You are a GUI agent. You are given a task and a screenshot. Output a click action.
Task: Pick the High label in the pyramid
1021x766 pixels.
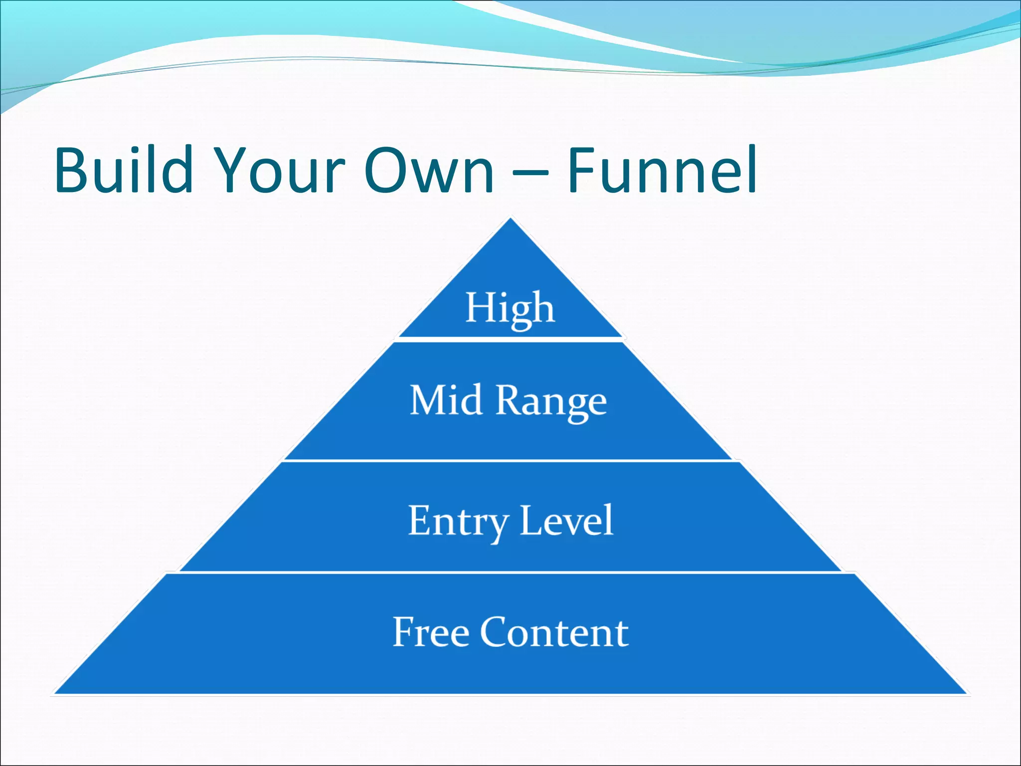coord(510,308)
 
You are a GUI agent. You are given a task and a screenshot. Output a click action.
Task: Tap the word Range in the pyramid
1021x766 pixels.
coord(551,402)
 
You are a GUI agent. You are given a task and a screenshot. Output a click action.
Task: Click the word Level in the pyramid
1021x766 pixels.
coord(566,521)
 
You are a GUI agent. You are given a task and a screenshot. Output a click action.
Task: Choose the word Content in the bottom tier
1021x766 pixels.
coord(554,632)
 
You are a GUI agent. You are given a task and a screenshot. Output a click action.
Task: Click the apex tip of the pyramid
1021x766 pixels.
coord(510,220)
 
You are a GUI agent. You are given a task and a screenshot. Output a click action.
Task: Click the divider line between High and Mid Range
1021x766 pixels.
coord(510,339)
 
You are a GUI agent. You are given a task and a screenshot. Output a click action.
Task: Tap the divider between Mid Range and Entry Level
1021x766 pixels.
coord(510,460)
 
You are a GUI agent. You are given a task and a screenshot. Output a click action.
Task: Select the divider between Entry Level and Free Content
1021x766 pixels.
coord(510,572)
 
